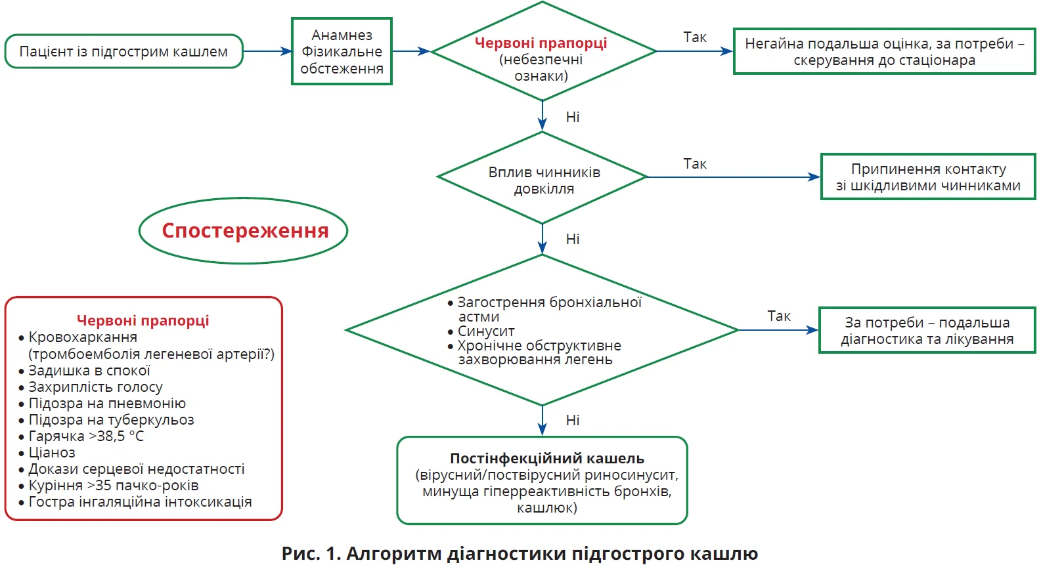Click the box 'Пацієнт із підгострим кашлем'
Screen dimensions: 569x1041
pyautogui.click(x=123, y=51)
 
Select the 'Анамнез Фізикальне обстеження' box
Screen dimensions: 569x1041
pyautogui.click(x=342, y=51)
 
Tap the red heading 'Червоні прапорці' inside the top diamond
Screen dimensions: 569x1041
pyautogui.click(x=541, y=43)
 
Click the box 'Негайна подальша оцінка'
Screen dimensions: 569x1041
pyautogui.click(x=884, y=51)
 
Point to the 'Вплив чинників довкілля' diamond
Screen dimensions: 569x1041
pyautogui.click(x=543, y=180)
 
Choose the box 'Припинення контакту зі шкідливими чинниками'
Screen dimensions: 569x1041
pyautogui.click(x=927, y=177)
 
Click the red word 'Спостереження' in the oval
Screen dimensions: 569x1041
pyautogui.click(x=244, y=231)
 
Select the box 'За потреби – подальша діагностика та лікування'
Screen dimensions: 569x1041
pyautogui.click(x=927, y=330)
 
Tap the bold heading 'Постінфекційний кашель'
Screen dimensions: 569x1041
pyautogui.click(x=546, y=458)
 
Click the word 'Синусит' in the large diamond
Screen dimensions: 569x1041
pyautogui.click(x=485, y=331)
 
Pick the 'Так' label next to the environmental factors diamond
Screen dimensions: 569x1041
pyautogui.click(x=694, y=164)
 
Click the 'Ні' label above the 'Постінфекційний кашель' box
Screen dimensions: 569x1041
pyautogui.click(x=572, y=420)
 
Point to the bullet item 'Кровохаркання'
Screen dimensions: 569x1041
pyautogui.click(x=83, y=337)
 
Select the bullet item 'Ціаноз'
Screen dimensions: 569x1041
pyautogui.click(x=52, y=453)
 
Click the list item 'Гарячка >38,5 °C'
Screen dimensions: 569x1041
pyautogui.click(x=86, y=436)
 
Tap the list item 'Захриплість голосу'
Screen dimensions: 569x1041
pyautogui.click(x=95, y=387)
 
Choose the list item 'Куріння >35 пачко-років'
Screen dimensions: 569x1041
pyautogui.click(x=113, y=486)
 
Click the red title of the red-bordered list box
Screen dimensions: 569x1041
pyautogui.click(x=143, y=320)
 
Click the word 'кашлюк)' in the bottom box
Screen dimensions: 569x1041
pyautogui.click(x=546, y=508)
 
